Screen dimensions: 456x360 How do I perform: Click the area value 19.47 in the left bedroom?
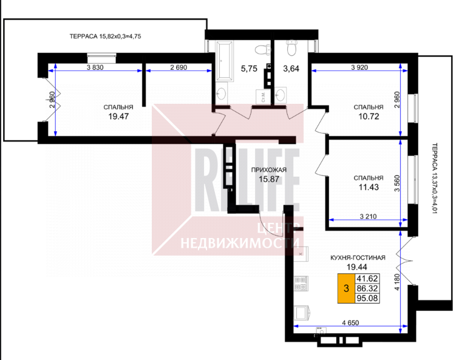click(118, 117)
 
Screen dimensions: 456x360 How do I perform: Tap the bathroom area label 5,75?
click(249, 69)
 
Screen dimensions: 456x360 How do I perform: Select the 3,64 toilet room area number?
click(291, 69)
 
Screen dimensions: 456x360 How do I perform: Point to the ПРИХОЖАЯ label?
click(269, 170)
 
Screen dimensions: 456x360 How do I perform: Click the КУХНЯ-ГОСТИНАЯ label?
click(358, 257)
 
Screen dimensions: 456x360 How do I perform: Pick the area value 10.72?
click(369, 117)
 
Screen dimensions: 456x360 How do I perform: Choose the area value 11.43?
click(369, 187)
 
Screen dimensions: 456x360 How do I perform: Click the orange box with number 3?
click(346, 288)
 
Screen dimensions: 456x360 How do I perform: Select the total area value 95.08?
click(367, 298)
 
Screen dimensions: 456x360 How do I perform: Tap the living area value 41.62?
click(367, 279)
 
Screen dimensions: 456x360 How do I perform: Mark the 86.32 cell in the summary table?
click(367, 288)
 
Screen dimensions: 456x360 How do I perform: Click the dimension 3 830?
click(95, 67)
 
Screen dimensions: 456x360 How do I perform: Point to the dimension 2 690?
click(179, 67)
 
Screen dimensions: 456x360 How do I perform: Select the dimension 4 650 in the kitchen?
click(350, 323)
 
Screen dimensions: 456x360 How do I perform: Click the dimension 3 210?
click(368, 216)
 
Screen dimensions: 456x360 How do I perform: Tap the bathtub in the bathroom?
click(225, 60)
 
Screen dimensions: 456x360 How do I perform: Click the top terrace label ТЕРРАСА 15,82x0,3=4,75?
click(105, 36)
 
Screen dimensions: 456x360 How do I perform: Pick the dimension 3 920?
click(359, 67)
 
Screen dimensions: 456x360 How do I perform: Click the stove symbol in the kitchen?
click(301, 284)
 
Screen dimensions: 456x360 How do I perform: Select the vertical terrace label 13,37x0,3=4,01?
click(435, 178)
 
